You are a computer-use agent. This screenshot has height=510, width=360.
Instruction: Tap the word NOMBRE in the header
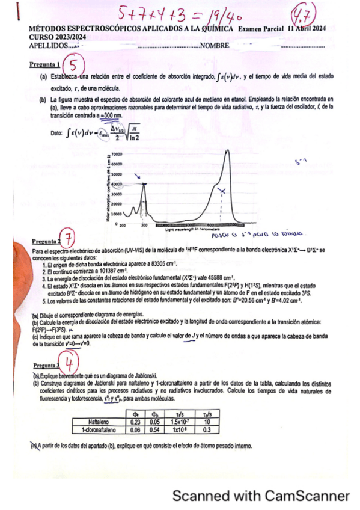point(215,46)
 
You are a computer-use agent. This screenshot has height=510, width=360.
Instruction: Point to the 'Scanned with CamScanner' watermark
point(261,496)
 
